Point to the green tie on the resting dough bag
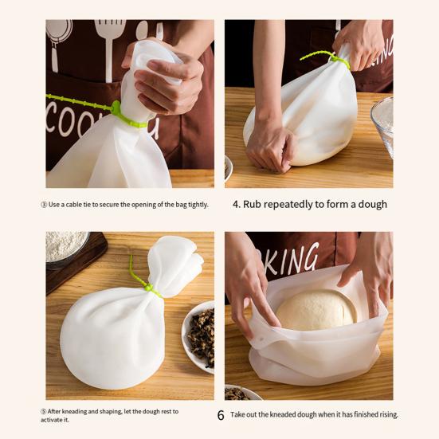click(x=143, y=282)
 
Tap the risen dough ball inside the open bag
click(x=316, y=310)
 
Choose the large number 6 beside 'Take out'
click(x=221, y=415)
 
